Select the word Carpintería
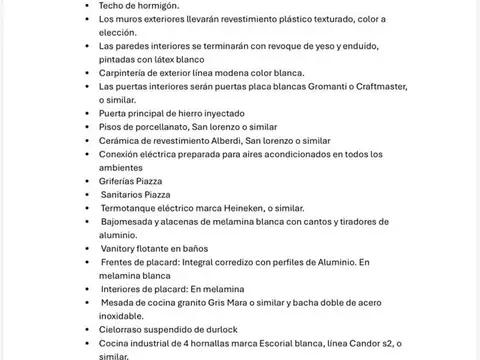coord(129,74)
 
